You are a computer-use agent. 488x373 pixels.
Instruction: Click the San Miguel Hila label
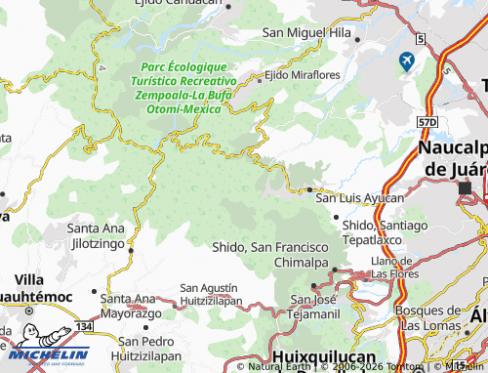pos(305,33)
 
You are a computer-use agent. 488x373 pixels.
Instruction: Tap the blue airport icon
pos(406,62)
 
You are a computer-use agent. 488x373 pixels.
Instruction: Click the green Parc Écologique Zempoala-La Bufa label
pos(186,87)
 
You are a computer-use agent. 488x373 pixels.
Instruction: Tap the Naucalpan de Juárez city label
pos(450,157)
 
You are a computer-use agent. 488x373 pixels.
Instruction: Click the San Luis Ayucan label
pos(359,197)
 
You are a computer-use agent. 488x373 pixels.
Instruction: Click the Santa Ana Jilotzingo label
pos(95,235)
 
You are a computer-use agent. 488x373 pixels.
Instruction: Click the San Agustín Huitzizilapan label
pos(209,295)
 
